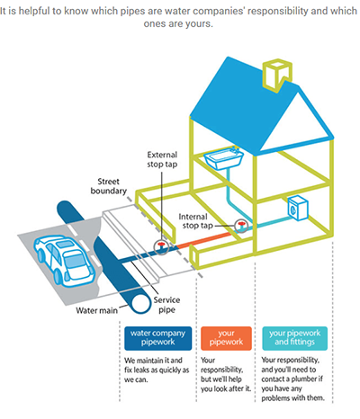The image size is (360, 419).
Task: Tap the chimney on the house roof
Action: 276,75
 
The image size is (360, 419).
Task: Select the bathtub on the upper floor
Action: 223,158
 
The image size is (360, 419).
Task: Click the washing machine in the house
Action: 298,208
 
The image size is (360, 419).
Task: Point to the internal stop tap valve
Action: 241,226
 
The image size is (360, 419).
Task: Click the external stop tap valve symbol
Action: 161,247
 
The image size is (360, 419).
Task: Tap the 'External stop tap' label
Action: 162,159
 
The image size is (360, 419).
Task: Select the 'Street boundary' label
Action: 108,186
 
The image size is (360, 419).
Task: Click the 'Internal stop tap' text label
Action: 195,221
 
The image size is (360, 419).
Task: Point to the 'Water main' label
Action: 96,310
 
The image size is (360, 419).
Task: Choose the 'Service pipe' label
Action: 166,305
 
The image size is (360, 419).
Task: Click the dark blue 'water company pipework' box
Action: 157,338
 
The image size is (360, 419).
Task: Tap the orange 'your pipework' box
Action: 226,338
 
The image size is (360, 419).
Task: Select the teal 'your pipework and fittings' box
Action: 294,338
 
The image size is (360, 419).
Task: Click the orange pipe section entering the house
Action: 204,241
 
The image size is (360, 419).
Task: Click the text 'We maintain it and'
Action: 153,360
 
